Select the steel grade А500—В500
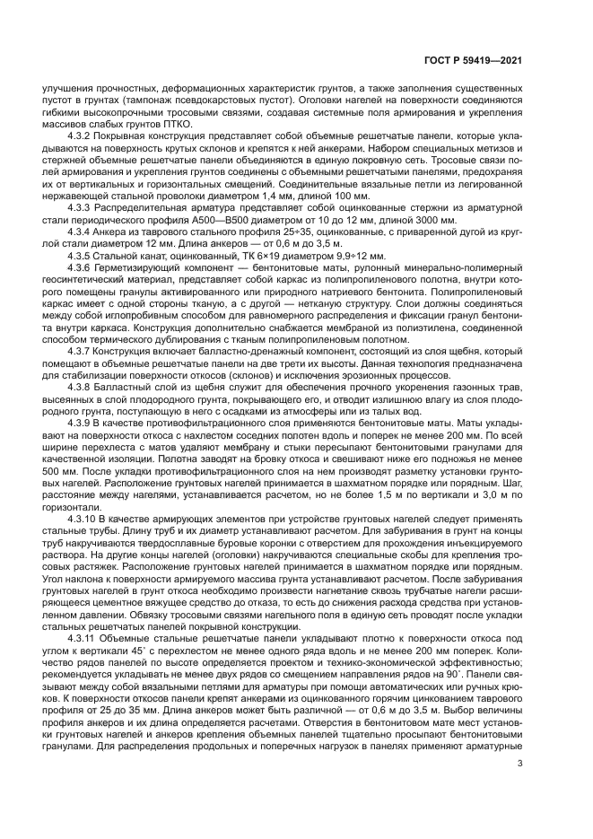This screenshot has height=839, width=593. [200, 217]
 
